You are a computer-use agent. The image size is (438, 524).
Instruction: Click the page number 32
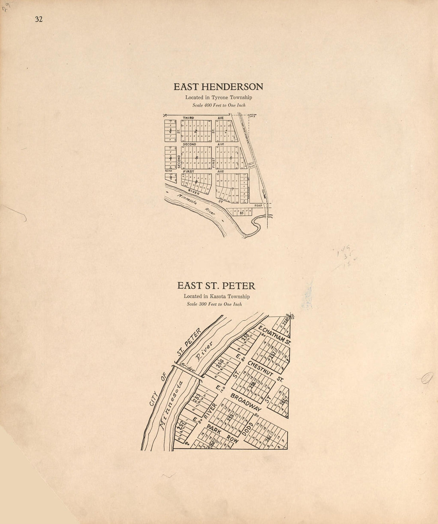[x=39, y=20]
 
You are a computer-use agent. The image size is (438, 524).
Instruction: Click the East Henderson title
[x=218, y=87]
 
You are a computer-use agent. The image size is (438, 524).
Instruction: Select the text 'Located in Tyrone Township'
[x=218, y=98]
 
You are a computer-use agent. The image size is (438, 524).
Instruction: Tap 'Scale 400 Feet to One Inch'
[x=219, y=106]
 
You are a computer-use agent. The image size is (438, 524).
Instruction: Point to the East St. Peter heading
[x=216, y=286]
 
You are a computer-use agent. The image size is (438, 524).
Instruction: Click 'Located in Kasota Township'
[x=217, y=297]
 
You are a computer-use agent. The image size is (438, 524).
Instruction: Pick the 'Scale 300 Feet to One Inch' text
[x=214, y=304]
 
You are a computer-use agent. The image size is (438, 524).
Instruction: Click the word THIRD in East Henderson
[x=188, y=118]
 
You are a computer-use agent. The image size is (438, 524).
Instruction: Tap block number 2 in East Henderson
[x=196, y=131]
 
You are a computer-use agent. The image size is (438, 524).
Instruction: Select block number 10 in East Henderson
[x=241, y=213]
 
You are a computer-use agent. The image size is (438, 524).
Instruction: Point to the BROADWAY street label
[x=246, y=403]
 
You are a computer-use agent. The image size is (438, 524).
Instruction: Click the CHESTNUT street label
[x=259, y=368]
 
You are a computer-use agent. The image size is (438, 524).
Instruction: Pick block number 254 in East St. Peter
[x=219, y=364]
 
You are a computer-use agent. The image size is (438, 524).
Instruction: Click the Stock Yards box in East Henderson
[x=251, y=164]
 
